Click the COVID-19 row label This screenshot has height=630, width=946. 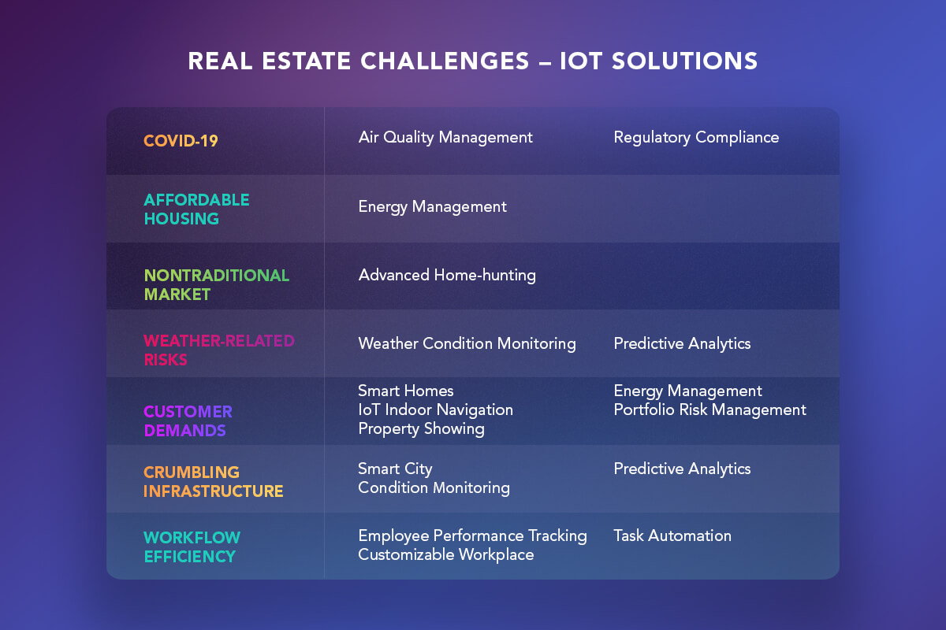(x=181, y=141)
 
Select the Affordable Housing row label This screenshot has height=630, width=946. (x=197, y=209)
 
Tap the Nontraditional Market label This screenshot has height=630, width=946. (x=217, y=285)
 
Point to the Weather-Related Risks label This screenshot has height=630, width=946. (x=219, y=350)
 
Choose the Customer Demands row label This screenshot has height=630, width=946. (x=188, y=421)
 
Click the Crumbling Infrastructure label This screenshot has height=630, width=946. (x=214, y=481)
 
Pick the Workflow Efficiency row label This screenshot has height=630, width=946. (x=192, y=547)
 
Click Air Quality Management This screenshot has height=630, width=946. (x=445, y=138)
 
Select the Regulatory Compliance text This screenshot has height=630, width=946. (x=696, y=138)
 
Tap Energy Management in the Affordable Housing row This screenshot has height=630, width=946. (x=433, y=207)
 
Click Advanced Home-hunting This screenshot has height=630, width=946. (x=447, y=275)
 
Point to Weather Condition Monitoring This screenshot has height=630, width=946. (x=467, y=343)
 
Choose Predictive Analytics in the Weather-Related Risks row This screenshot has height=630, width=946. (x=683, y=343)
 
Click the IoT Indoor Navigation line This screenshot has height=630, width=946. (x=436, y=409)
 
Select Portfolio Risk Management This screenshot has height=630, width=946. (x=710, y=409)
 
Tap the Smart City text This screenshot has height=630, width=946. (x=395, y=469)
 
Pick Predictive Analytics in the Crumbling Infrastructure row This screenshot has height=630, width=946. (x=683, y=469)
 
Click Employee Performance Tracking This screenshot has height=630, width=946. (x=472, y=536)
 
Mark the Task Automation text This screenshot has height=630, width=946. (x=672, y=536)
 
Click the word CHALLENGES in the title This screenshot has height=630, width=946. (x=445, y=61)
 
